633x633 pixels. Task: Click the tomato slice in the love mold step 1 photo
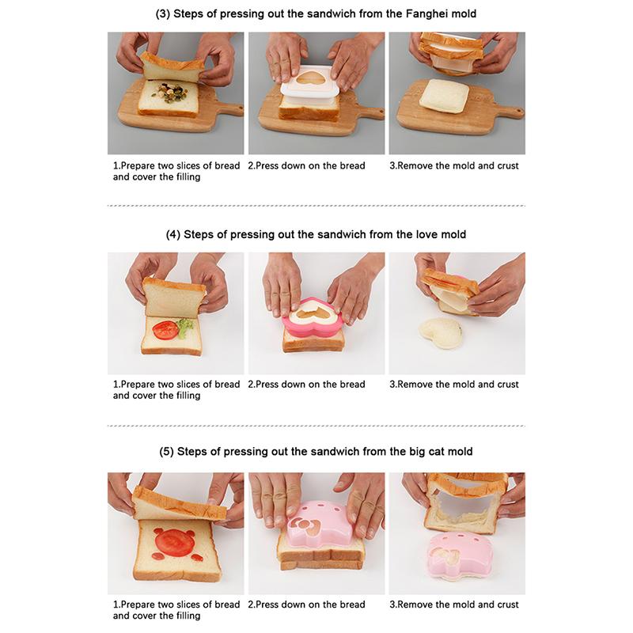[x=165, y=330]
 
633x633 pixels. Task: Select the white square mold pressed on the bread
[x=314, y=93]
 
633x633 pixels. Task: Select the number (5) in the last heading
[x=166, y=451]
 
